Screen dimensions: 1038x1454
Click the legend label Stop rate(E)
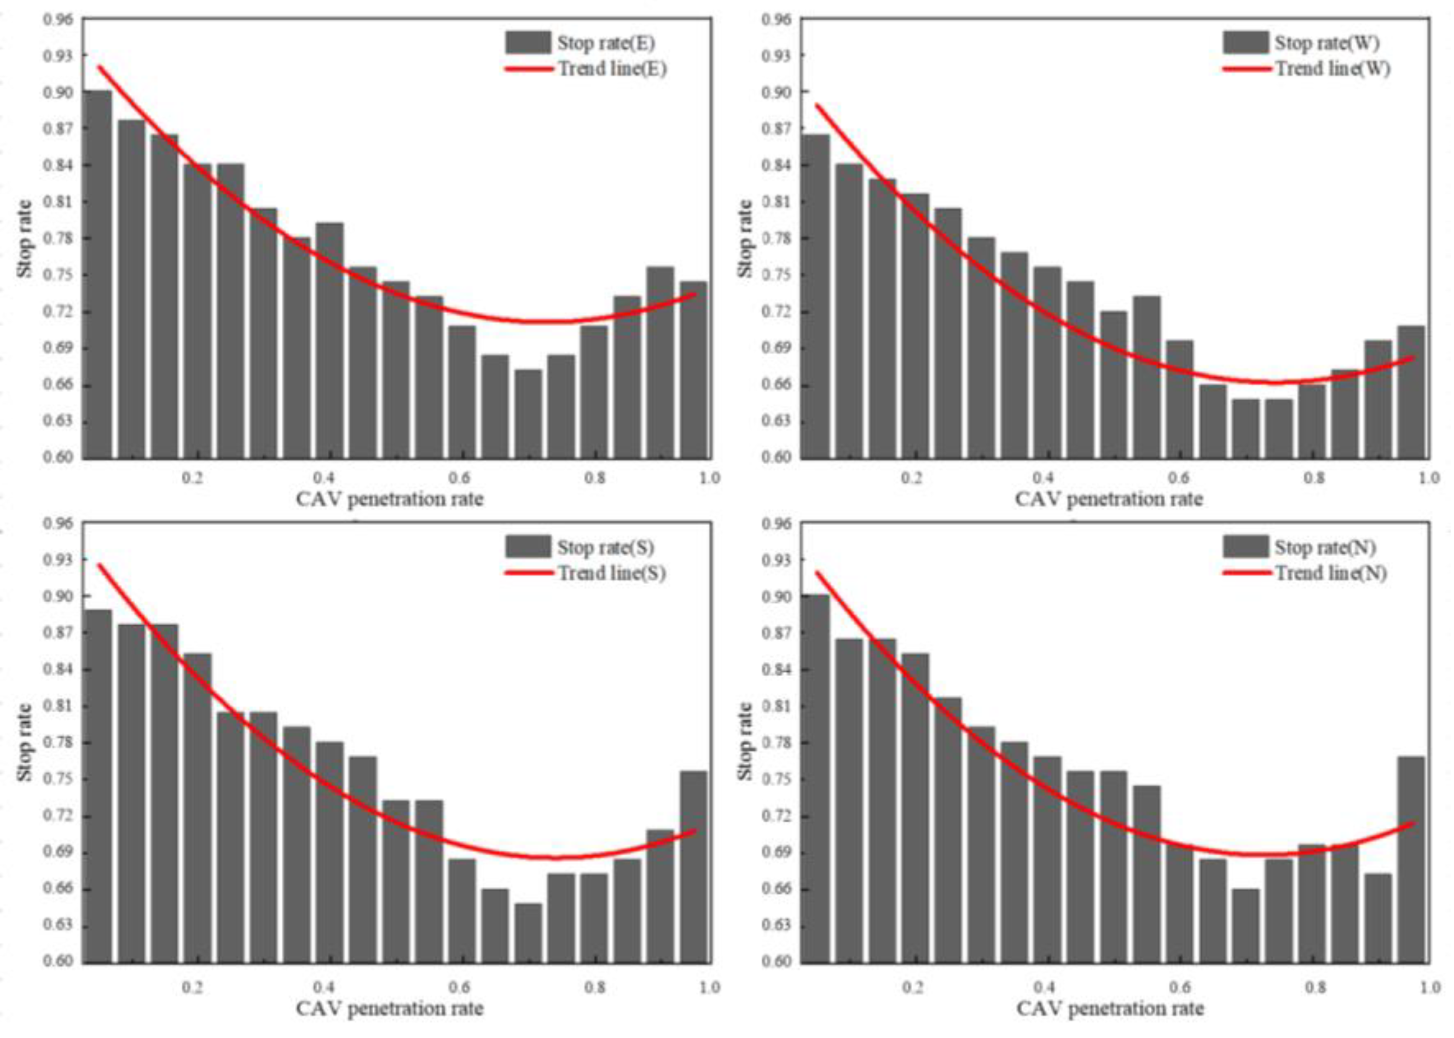pyautogui.click(x=605, y=43)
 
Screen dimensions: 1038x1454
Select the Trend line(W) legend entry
pyautogui.click(x=1333, y=68)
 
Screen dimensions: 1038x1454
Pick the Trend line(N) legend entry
pyautogui.click(x=1331, y=573)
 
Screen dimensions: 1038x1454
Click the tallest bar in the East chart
pyautogui.click(x=98, y=275)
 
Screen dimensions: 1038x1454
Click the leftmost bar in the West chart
pyautogui.click(x=816, y=297)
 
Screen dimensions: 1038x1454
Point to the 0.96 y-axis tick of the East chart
pyautogui.click(x=58, y=19)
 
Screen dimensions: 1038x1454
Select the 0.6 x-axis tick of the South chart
pyautogui.click(x=459, y=988)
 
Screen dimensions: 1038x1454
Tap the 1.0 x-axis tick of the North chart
pyautogui.click(x=1428, y=988)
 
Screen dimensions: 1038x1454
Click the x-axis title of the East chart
pyautogui.click(x=389, y=499)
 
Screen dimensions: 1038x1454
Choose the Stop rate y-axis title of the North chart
pyautogui.click(x=745, y=741)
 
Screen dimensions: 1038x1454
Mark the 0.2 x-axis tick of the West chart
pyautogui.click(x=913, y=478)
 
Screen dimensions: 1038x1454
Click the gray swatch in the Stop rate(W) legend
pyautogui.click(x=1246, y=43)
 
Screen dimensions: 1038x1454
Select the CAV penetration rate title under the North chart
pyautogui.click(x=1110, y=1009)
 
